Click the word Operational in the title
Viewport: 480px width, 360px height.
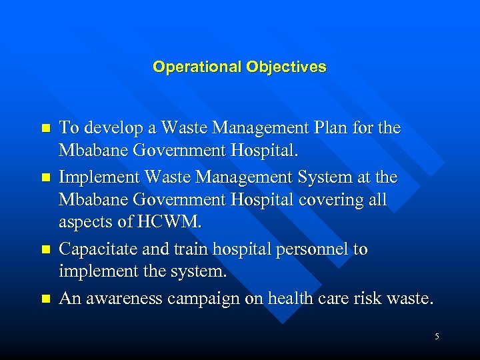(197, 67)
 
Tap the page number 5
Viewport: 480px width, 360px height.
(437, 337)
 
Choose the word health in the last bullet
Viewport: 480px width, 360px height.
(289, 298)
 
